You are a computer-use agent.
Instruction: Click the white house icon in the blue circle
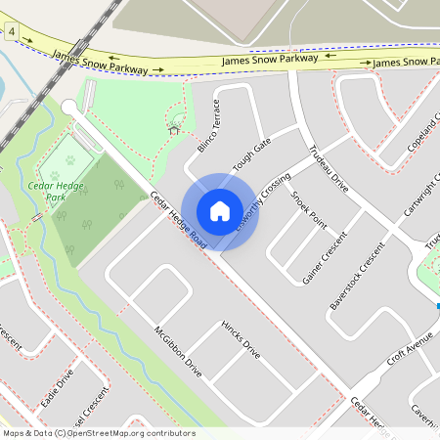point(219,211)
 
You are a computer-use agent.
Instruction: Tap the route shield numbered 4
point(12,33)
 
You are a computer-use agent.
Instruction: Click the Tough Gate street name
point(251,154)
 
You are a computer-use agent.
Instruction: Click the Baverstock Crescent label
point(358,277)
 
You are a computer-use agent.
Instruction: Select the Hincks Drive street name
point(241,338)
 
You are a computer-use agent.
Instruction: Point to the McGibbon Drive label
point(178,351)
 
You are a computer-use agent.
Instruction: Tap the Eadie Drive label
point(57,388)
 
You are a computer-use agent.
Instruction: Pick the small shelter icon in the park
point(174,128)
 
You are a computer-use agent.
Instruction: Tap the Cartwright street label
point(422,196)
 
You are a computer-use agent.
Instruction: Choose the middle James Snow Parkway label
point(263,60)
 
